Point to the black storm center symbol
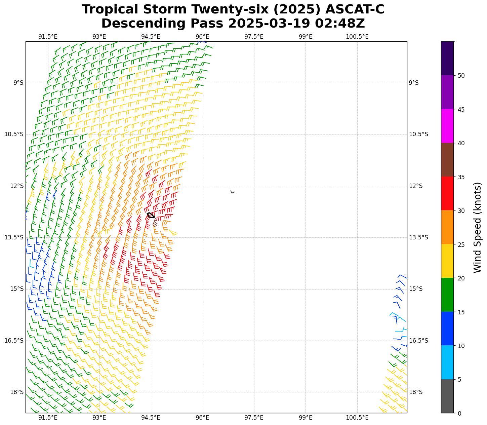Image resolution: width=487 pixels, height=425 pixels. (151, 215)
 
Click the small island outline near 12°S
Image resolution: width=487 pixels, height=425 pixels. (232, 192)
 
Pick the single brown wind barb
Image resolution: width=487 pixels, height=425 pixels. (155, 223)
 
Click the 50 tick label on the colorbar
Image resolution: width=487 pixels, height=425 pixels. (461, 76)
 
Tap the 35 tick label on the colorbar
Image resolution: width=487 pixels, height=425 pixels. (461, 177)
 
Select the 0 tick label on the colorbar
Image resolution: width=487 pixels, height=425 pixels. (459, 413)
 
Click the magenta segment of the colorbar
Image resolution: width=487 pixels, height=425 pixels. (447, 126)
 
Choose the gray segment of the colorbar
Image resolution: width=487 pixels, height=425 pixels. (447, 396)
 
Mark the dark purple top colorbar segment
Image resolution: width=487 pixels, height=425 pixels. (447, 58)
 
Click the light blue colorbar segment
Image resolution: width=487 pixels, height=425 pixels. (447, 362)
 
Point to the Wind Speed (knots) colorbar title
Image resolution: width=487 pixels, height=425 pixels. (477, 227)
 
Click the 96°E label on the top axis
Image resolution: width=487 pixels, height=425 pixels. (202, 37)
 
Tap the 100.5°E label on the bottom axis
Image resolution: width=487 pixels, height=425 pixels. (357, 418)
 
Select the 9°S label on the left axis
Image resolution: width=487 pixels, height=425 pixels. (18, 83)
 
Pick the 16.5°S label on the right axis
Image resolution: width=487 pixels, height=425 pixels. (418, 341)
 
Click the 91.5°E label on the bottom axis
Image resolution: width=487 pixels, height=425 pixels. (48, 418)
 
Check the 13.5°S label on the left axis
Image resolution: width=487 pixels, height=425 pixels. (14, 237)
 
